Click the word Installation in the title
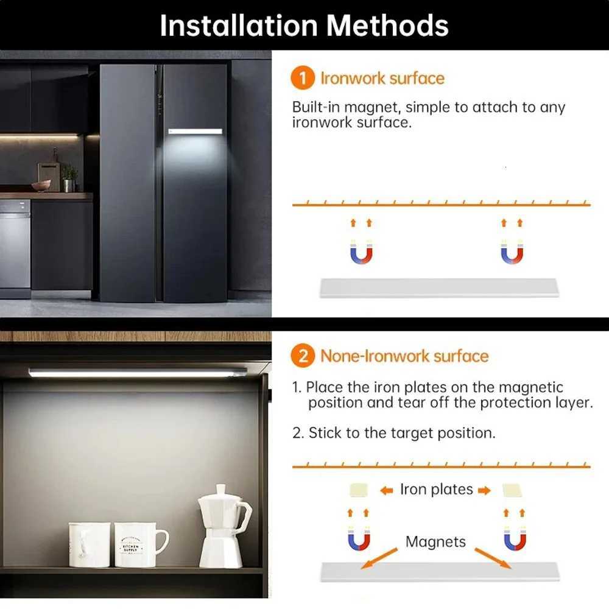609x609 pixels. [238, 26]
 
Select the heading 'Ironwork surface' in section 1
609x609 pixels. [382, 79]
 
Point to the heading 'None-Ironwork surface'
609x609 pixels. [404, 356]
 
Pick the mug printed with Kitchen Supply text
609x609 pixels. [138, 543]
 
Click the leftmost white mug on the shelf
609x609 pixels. [89, 544]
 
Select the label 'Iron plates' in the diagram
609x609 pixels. [436, 490]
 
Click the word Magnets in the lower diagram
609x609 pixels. [435, 541]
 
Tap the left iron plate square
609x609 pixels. [358, 491]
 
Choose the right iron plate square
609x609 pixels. [513, 491]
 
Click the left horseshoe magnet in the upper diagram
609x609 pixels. [361, 252]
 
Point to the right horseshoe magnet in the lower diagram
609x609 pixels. [515, 539]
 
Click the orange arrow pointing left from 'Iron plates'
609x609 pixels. [387, 491]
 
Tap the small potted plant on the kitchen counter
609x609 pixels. [69, 178]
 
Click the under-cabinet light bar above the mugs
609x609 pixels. [137, 373]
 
